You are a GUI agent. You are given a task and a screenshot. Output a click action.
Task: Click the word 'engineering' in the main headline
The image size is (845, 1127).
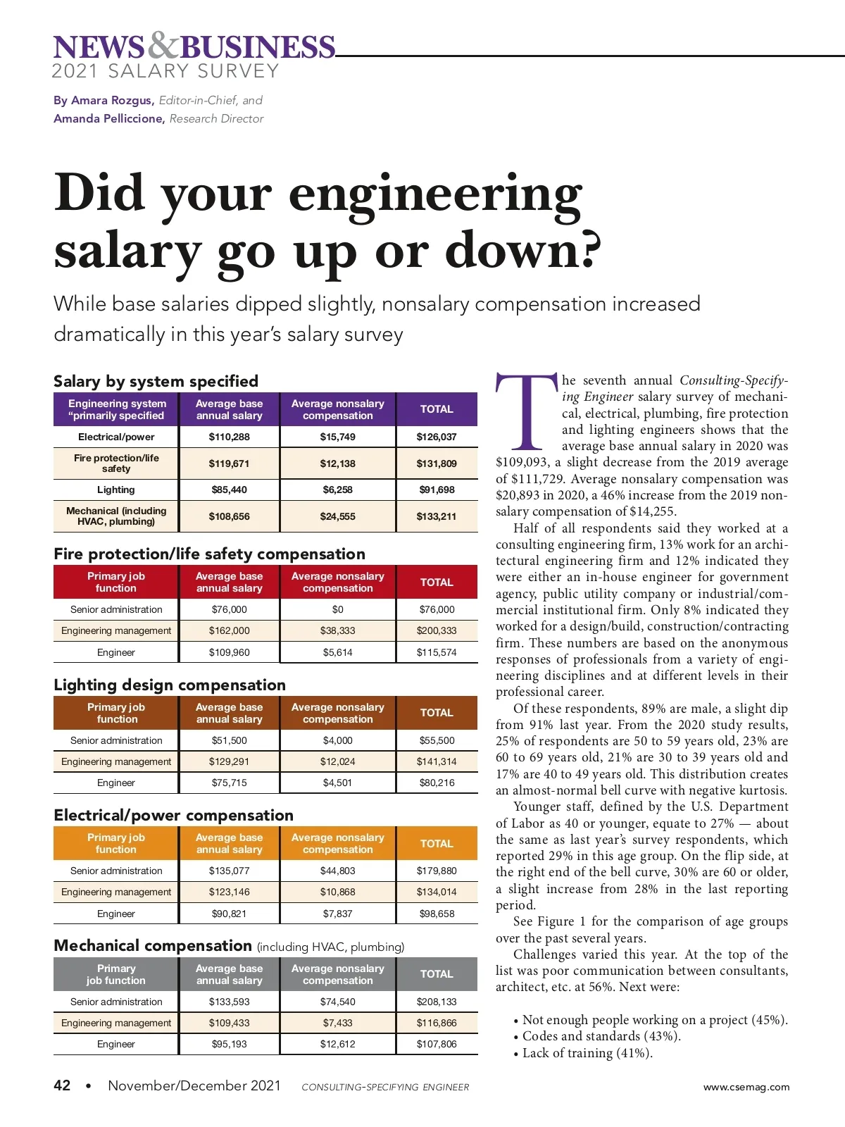pos(435,194)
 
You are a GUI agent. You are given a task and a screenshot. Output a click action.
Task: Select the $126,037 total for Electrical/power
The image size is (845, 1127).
pos(437,437)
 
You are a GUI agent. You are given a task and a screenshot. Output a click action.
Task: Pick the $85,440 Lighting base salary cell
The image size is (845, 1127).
pos(229,490)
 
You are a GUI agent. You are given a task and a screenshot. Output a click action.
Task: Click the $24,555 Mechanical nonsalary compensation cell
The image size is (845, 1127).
pos(337,516)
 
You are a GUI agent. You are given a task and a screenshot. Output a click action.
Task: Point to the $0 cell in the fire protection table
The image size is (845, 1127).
pos(337,609)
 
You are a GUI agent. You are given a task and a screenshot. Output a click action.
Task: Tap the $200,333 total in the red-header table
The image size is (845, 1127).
pos(437,630)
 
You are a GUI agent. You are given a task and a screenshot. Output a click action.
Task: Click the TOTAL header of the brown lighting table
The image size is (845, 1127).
pos(437,713)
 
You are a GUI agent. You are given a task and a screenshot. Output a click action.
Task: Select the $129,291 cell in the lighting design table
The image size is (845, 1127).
pos(229,761)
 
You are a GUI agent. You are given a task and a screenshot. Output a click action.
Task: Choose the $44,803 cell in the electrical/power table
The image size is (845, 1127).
pos(337,871)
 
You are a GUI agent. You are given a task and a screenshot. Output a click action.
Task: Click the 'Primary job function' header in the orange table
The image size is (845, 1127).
pos(116,843)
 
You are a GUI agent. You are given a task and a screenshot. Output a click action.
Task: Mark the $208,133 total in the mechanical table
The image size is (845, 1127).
pos(437,1002)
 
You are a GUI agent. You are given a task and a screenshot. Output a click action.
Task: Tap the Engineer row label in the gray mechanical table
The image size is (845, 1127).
pos(116,1044)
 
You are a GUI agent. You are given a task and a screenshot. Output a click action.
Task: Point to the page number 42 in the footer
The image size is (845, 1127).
pos(62,1085)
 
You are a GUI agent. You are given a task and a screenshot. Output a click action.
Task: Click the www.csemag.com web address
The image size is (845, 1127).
pos(746,1087)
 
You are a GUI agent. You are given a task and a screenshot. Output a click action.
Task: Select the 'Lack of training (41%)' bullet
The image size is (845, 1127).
pos(587,1053)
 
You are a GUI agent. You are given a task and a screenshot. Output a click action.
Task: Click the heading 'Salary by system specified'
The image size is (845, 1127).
pos(156,381)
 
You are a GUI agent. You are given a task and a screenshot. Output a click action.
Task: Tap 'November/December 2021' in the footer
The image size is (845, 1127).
pos(194,1085)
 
